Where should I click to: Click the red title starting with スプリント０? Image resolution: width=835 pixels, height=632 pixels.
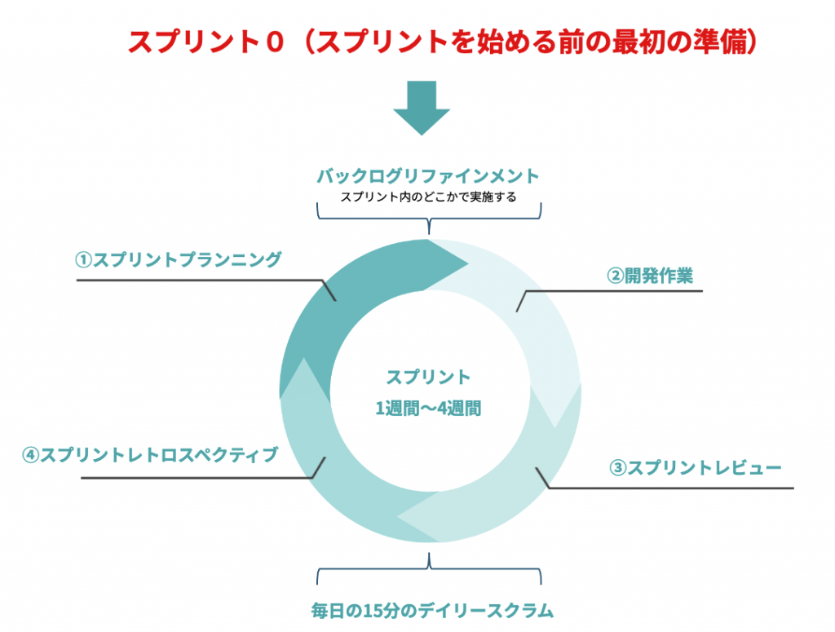tap(444, 42)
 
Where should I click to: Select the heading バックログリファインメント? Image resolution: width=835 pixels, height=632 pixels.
tap(428, 176)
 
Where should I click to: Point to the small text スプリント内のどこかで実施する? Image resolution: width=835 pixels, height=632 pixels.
tap(428, 197)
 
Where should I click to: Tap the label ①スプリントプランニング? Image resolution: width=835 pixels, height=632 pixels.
tap(179, 260)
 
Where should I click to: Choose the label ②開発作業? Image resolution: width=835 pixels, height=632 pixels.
tap(650, 276)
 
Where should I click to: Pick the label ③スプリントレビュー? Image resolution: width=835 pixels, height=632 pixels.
tap(696, 468)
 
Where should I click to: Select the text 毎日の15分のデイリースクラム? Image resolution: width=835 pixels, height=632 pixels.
tap(432, 610)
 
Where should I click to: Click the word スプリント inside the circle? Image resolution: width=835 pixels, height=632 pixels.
tap(428, 377)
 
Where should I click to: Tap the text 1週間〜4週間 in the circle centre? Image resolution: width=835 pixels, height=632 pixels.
tap(428, 409)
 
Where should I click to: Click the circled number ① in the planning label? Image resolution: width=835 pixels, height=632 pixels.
tap(83, 260)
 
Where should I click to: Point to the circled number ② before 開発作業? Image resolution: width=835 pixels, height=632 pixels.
tap(614, 276)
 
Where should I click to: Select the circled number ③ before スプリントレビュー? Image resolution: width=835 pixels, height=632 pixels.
tap(617, 468)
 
